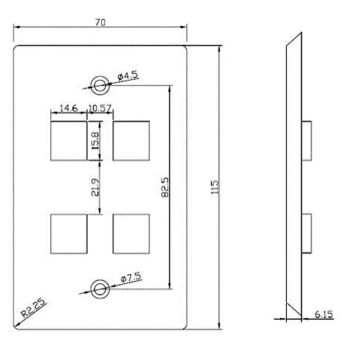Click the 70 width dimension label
pyautogui.click(x=100, y=22)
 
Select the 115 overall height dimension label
pyautogui.click(x=215, y=187)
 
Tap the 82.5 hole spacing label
pyautogui.click(x=165, y=187)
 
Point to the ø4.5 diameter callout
pyautogui.click(x=128, y=76)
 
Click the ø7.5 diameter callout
pyautogui.click(x=131, y=277)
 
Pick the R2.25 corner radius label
pyautogui.click(x=33, y=307)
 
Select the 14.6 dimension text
pyautogui.click(x=68, y=108)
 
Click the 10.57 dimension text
pyautogui.click(x=100, y=108)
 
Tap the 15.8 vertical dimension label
pyautogui.click(x=95, y=140)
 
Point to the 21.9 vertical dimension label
pyautogui.click(x=95, y=187)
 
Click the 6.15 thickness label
pyautogui.click(x=323, y=314)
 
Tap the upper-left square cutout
pyautogui.click(x=68, y=141)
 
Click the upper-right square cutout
pyautogui.click(x=131, y=141)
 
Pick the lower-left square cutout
pyautogui.click(x=68, y=234)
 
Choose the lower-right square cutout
pyautogui.click(x=131, y=234)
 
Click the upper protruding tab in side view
pyautogui.click(x=307, y=141)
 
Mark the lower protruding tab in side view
pyautogui.click(x=307, y=234)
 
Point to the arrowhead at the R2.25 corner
pyautogui.click(x=17, y=325)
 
